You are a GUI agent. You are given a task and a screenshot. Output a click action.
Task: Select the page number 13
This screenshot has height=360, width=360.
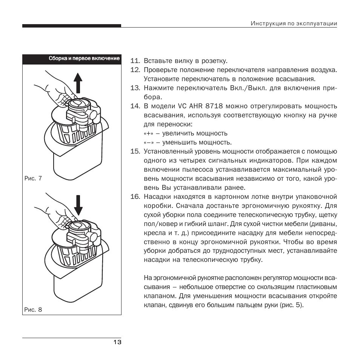click(x=117, y=342)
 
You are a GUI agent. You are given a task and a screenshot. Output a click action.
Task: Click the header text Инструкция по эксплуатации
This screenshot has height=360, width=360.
click(x=294, y=23)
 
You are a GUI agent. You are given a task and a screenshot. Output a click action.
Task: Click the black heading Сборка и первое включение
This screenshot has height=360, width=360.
click(x=84, y=58)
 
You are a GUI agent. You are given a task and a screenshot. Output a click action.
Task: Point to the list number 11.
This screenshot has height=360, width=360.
click(x=135, y=61)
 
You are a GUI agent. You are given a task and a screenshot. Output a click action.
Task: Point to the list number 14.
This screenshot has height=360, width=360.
click(x=135, y=106)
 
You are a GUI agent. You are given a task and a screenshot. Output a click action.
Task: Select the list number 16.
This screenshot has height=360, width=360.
click(x=135, y=197)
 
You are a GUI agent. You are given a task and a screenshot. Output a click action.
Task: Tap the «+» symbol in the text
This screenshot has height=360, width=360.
click(x=148, y=133)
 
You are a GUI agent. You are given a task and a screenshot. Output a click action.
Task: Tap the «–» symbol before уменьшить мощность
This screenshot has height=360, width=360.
click(x=148, y=142)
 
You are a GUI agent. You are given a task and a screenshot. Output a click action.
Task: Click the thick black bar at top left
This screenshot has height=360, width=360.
click(x=71, y=26)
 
